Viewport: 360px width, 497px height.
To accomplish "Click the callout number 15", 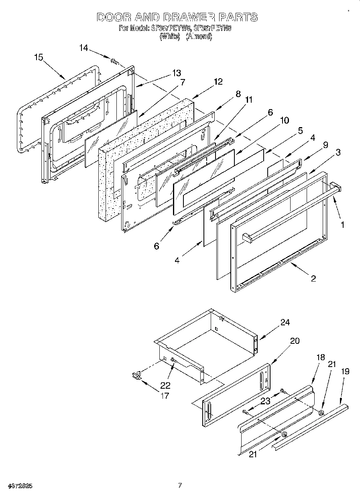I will click(x=39, y=57).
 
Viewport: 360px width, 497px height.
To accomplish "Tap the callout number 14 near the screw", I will click(x=83, y=48).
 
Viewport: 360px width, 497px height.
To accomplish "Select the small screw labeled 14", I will click(x=114, y=62).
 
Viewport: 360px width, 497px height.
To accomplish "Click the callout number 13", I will click(x=177, y=73).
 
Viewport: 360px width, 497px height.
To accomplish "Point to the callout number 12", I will click(x=218, y=82).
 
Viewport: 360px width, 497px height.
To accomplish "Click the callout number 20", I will click(x=294, y=341).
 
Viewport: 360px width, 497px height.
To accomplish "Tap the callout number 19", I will click(x=345, y=371).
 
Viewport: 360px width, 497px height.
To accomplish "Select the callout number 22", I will click(x=165, y=385).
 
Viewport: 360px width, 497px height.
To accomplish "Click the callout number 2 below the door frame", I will click(x=313, y=278).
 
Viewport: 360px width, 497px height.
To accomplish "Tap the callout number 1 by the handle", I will click(x=342, y=225).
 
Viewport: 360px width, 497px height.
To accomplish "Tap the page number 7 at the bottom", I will click(x=180, y=485).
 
